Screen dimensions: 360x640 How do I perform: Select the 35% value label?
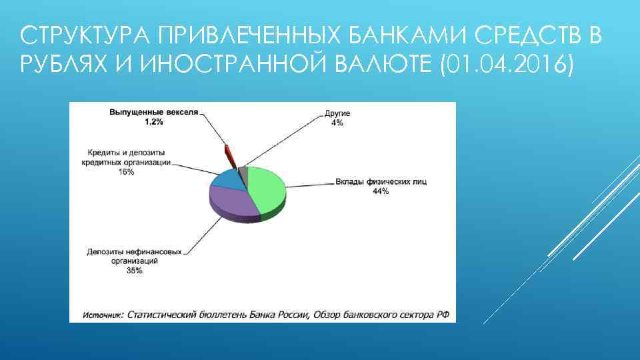coord(134,271)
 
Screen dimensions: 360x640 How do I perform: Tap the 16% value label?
coord(126,171)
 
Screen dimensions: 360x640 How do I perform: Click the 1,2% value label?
coord(155,122)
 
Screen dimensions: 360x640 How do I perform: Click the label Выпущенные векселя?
coord(154,113)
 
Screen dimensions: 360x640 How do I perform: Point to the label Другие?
coord(337,114)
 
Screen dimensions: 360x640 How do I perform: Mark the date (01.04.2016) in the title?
coord(507,66)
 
